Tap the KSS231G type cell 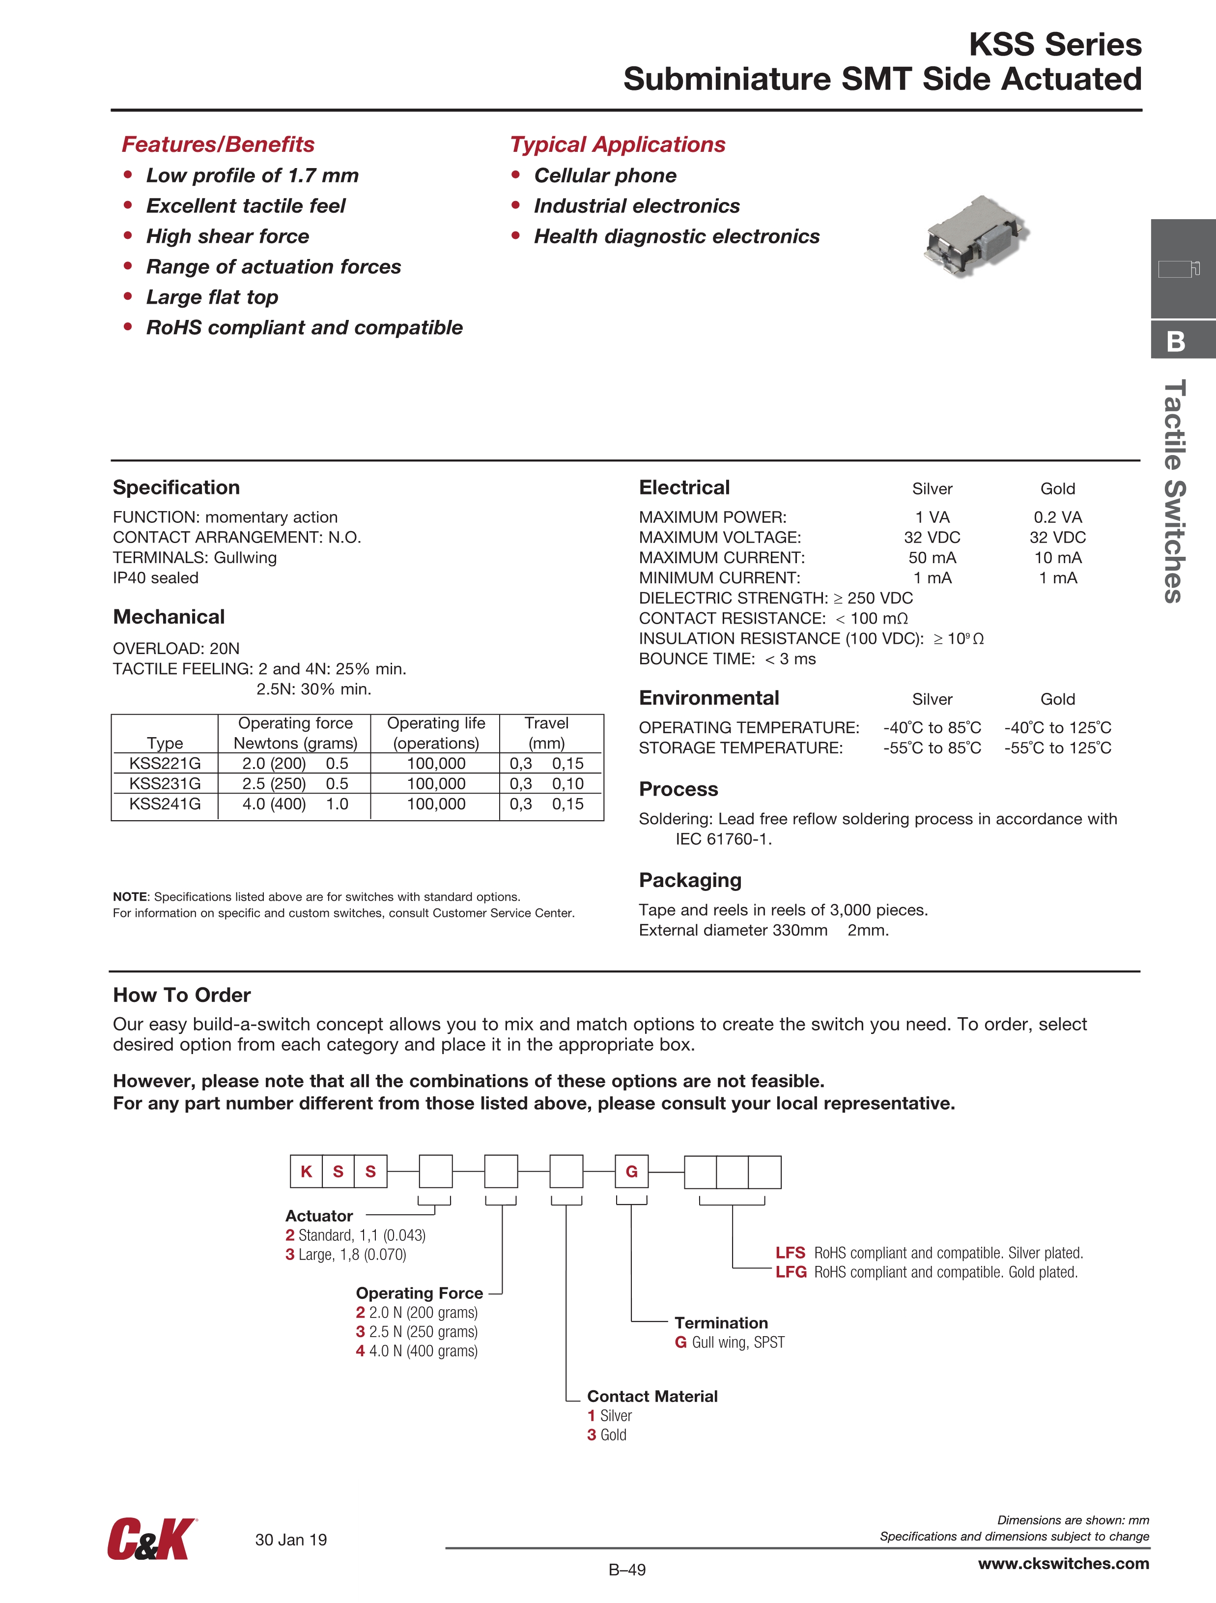tap(165, 783)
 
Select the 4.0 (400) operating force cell tap(274, 803)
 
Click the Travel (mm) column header tap(546, 733)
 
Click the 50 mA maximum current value tap(932, 557)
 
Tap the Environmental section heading tap(709, 698)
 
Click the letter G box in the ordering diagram tap(631, 1171)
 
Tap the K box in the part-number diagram tap(306, 1171)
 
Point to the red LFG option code tap(791, 1272)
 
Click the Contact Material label tap(652, 1396)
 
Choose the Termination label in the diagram tap(721, 1322)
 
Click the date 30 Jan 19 tap(290, 1539)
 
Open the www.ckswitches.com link tap(1063, 1563)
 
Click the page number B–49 tap(627, 1570)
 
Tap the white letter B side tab tap(1176, 341)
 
